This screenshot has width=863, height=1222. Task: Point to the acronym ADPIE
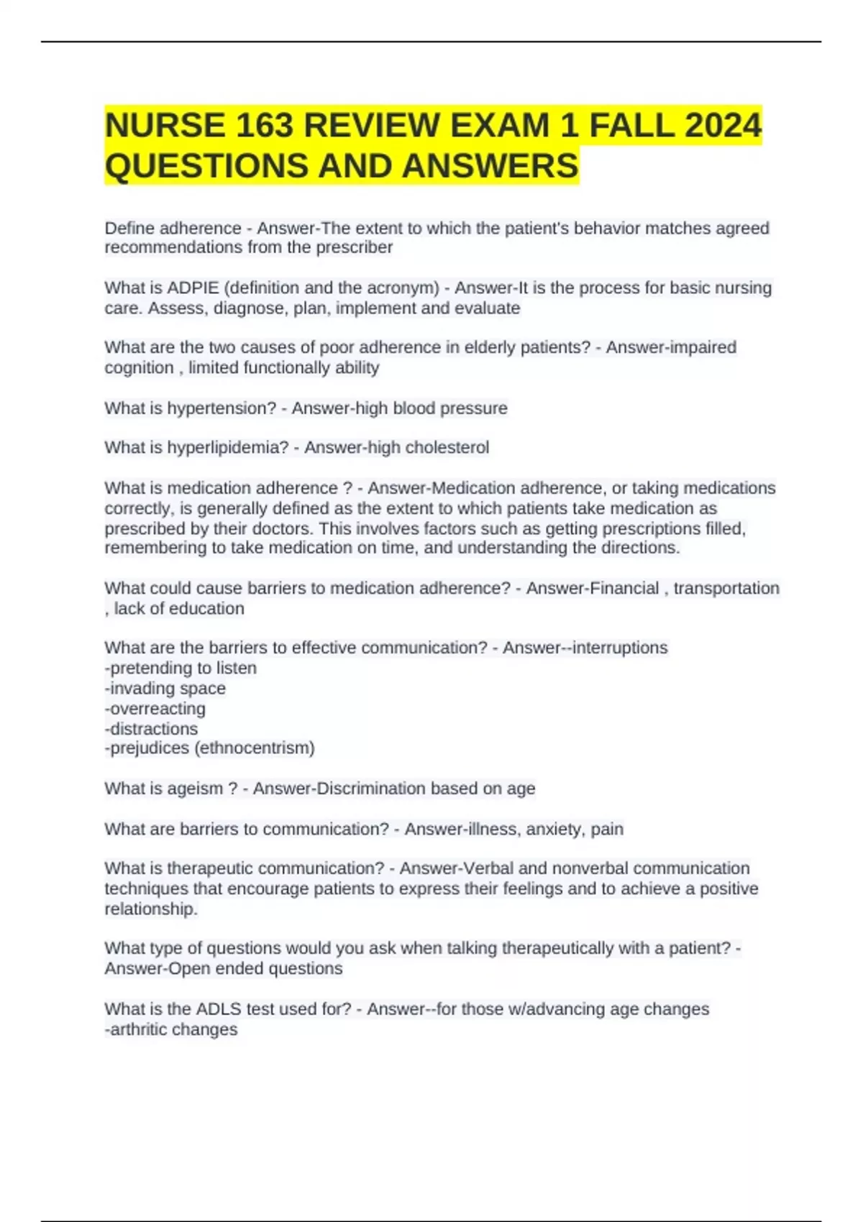(x=193, y=288)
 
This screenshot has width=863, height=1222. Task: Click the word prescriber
(x=355, y=247)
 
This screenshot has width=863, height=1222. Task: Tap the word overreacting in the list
(x=157, y=709)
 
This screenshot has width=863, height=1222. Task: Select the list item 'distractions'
(x=153, y=729)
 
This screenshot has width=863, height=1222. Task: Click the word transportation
(x=726, y=588)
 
